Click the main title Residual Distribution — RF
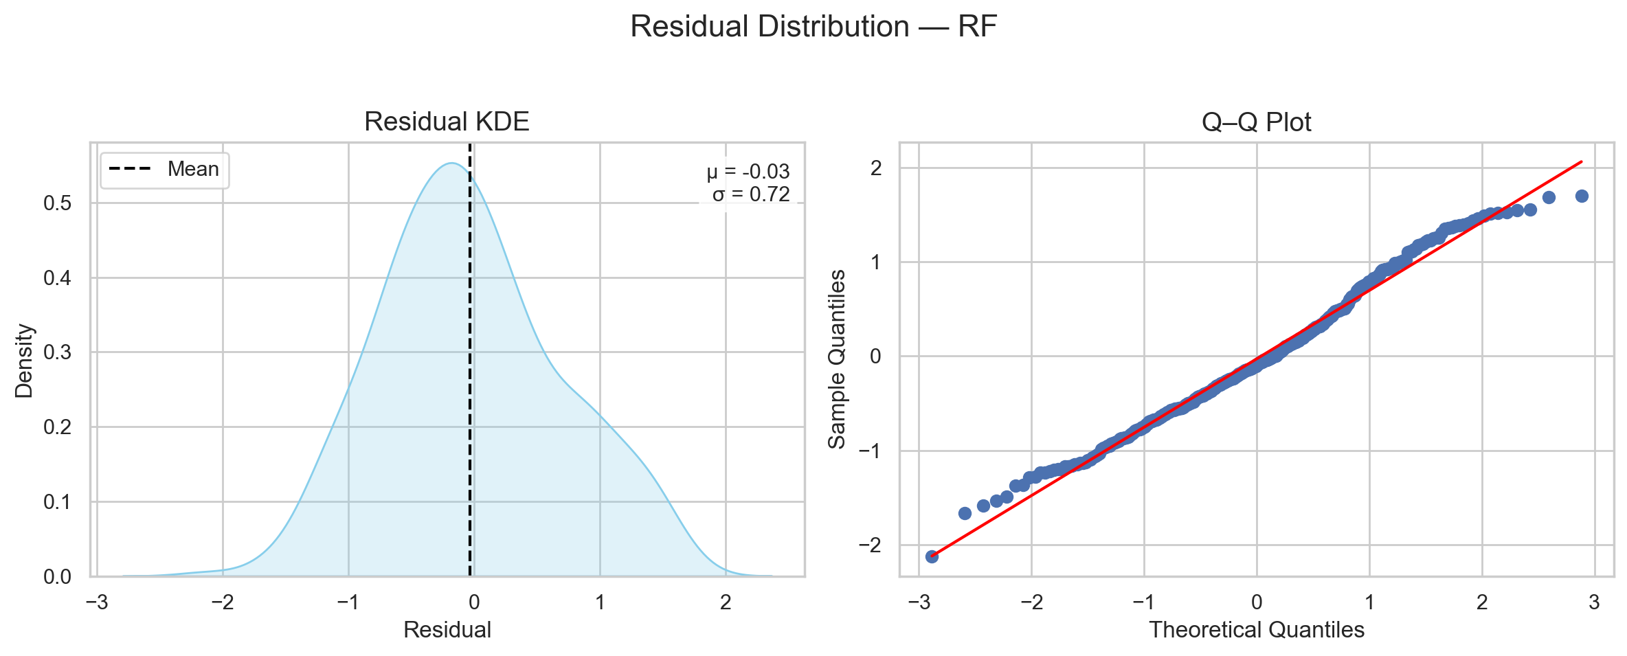(x=813, y=27)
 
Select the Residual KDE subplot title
(x=447, y=122)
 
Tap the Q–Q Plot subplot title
(x=1256, y=122)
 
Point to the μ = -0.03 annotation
(x=748, y=172)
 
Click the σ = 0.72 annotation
(x=751, y=194)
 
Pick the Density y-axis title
(x=25, y=361)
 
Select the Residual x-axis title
(x=447, y=630)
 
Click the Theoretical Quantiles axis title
(x=1256, y=630)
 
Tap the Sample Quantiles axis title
(x=837, y=359)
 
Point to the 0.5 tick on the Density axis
(x=57, y=203)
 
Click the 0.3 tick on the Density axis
(x=57, y=353)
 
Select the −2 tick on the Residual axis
(x=222, y=603)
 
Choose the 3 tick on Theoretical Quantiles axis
(x=1594, y=603)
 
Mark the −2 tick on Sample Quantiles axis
(x=869, y=545)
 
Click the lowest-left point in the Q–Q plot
(x=932, y=556)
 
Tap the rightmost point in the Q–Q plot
(x=1582, y=196)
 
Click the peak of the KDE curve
(x=451, y=163)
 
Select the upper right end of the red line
(x=1582, y=161)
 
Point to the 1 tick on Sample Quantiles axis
(x=875, y=262)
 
